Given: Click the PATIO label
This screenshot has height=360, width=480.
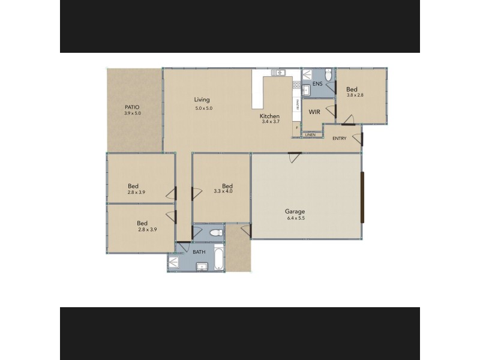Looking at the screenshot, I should click(x=131, y=107).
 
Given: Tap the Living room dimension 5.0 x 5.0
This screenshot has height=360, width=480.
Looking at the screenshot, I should click(x=204, y=109).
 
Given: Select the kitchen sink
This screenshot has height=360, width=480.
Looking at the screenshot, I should click(x=278, y=73).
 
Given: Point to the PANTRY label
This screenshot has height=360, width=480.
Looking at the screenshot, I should click(x=298, y=104).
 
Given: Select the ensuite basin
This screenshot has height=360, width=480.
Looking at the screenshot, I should click(x=305, y=91).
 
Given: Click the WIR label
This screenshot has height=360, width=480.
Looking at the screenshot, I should click(x=314, y=112).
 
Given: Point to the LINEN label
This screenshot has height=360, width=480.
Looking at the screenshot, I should click(x=310, y=135).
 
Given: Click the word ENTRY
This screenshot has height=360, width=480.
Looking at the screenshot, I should click(x=339, y=139).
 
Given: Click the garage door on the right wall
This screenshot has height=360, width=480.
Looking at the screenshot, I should click(x=362, y=196).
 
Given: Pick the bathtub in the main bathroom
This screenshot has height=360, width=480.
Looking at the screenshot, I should click(x=218, y=256).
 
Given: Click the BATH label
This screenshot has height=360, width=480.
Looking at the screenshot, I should click(x=199, y=252).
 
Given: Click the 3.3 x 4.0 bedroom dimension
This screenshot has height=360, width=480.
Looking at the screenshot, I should click(x=223, y=192).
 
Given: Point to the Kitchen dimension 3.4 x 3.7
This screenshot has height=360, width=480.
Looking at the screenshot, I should click(x=271, y=122).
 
